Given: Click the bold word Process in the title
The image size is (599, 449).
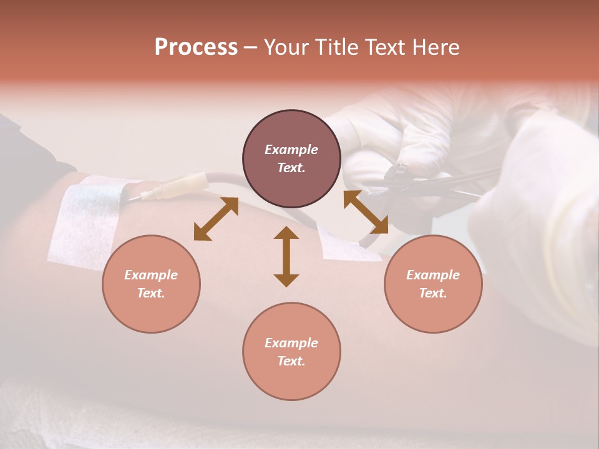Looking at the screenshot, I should click(x=196, y=47).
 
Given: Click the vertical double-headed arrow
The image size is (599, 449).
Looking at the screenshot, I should click(x=286, y=257).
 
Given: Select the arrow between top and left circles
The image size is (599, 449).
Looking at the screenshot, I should click(x=216, y=219).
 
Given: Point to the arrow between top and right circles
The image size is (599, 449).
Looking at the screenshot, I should click(x=366, y=212).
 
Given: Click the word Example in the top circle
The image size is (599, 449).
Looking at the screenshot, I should click(x=291, y=150).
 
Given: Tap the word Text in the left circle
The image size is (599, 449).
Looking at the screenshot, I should click(x=151, y=293).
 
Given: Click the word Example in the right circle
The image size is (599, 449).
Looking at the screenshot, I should click(x=433, y=275).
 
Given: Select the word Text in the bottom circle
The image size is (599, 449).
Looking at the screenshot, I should click(x=291, y=361).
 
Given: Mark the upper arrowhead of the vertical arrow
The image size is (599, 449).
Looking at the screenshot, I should click(x=286, y=234).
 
